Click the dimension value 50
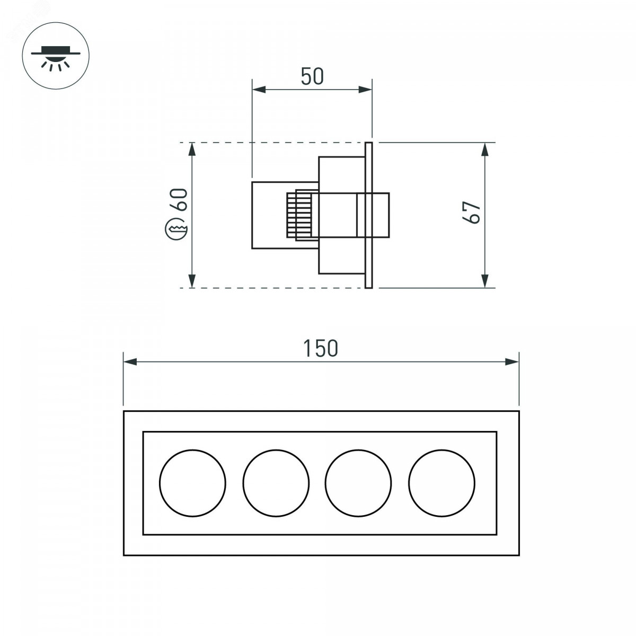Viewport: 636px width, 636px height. point(312,76)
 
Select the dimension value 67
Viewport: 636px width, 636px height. point(471,212)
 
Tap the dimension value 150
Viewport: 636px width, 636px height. point(321,348)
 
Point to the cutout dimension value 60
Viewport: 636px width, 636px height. point(179,199)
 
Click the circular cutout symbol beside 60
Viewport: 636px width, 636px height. point(176,229)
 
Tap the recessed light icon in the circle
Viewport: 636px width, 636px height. point(56,58)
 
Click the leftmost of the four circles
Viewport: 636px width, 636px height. point(193,483)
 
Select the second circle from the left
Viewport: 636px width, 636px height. point(276,483)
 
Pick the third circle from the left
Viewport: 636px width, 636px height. point(358,483)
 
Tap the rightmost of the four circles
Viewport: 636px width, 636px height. point(441,483)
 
